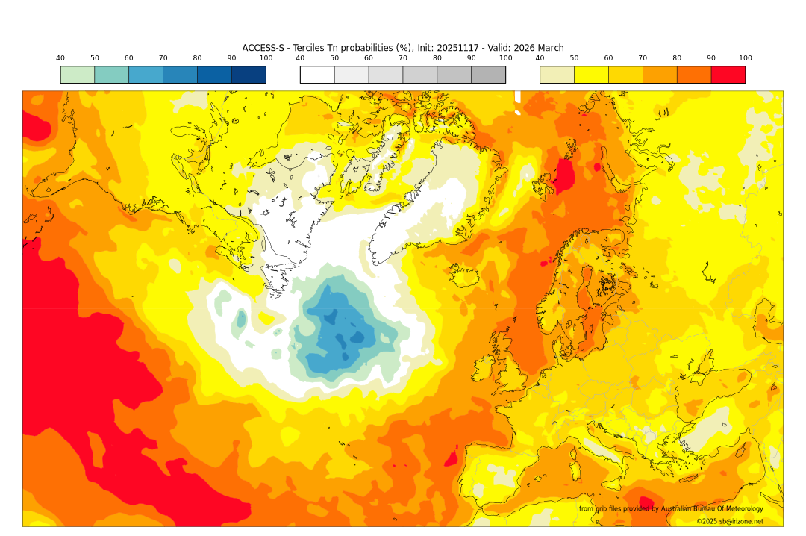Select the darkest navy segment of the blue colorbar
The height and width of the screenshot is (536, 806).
[x=249, y=75]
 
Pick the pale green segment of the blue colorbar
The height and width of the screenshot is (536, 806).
[x=78, y=75]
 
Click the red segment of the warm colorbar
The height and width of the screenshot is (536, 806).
[x=728, y=75]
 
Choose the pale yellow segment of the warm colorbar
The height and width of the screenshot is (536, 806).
[x=557, y=75]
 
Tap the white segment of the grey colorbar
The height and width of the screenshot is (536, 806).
[x=317, y=75]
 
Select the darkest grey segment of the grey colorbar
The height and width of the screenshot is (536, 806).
[x=488, y=75]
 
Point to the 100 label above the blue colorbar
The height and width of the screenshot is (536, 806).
[x=266, y=58]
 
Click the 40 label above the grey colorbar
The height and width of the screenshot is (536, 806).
[x=300, y=58]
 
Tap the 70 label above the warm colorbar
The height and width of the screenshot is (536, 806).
[x=643, y=58]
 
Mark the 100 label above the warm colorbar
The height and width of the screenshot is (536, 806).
[x=745, y=58]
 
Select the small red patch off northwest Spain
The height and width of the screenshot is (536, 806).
[x=452, y=458]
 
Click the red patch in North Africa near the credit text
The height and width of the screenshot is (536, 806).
[x=646, y=504]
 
